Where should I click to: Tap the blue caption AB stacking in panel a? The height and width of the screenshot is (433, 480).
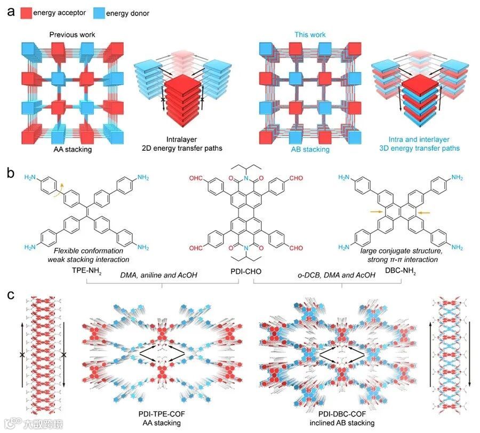pyautogui.click(x=309, y=150)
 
